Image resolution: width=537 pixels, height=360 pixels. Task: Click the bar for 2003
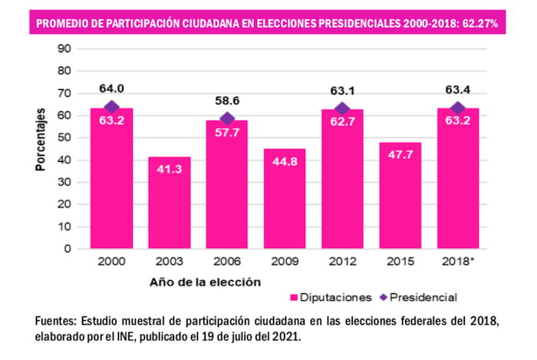point(169,203)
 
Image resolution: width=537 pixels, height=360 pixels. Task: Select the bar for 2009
point(285,199)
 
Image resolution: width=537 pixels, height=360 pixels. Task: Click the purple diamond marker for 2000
point(111,107)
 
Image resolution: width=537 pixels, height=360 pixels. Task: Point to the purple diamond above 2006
point(227,119)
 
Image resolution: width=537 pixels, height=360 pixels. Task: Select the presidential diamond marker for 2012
point(342,109)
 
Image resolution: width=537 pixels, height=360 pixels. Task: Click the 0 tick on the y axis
point(68,249)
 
